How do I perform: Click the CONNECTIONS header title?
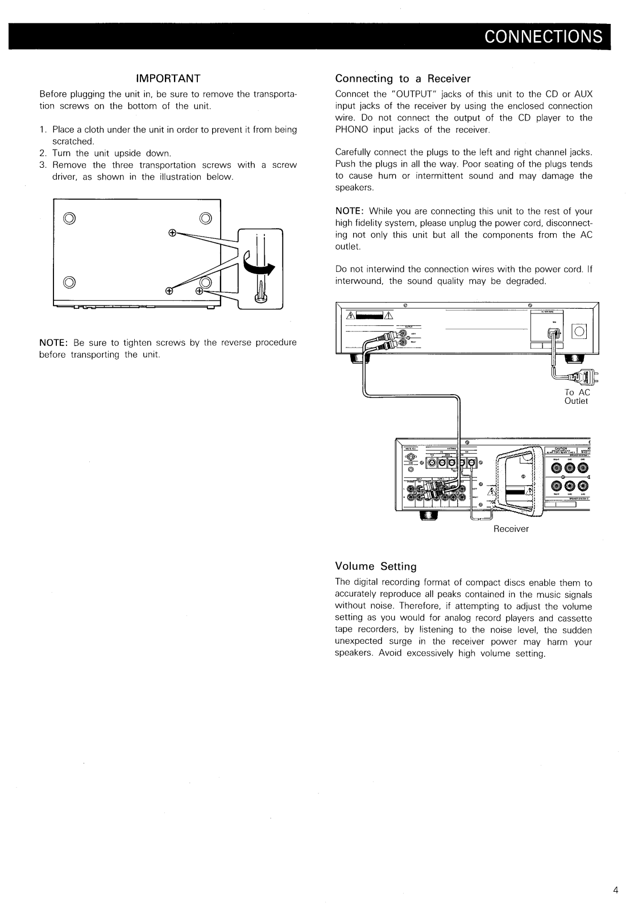point(542,36)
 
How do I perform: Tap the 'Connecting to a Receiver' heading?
point(403,78)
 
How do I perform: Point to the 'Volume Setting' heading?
point(376,566)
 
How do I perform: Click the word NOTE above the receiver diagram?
point(347,211)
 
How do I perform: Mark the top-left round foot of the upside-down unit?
point(69,217)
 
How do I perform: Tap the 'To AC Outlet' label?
point(577,396)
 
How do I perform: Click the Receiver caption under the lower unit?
point(511,529)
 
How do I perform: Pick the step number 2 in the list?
point(43,154)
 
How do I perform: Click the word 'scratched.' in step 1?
point(73,141)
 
